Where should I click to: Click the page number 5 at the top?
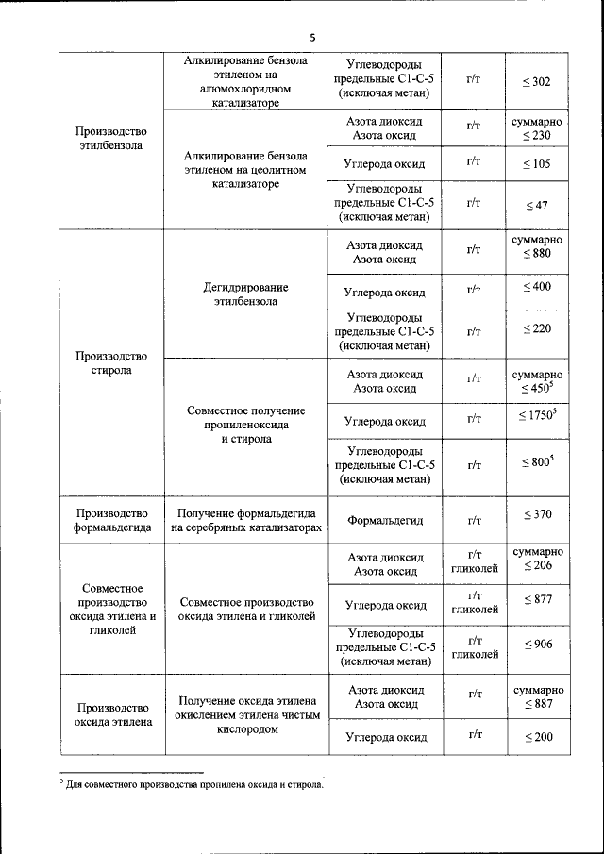pyautogui.click(x=312, y=38)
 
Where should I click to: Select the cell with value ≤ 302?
pyautogui.click(x=537, y=82)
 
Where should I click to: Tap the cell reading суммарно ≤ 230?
pyautogui.click(x=537, y=130)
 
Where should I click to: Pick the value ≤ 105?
pyautogui.click(x=537, y=164)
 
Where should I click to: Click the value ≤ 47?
pyautogui.click(x=537, y=205)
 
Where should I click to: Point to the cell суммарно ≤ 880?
pyautogui.click(x=537, y=247)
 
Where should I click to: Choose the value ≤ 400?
pyautogui.click(x=537, y=287)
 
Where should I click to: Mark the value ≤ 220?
pyautogui.click(x=537, y=329)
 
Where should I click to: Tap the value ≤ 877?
pyautogui.click(x=537, y=600)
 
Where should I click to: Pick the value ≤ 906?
pyautogui.click(x=537, y=645)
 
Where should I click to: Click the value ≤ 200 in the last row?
pyautogui.click(x=537, y=736)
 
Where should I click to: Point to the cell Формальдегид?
pyautogui.click(x=385, y=520)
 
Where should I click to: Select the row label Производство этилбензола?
pyautogui.click(x=112, y=141)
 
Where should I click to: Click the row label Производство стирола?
pyautogui.click(x=112, y=363)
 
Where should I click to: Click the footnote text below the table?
pyautogui.click(x=194, y=784)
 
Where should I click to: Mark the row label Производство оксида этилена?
pyautogui.click(x=112, y=714)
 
